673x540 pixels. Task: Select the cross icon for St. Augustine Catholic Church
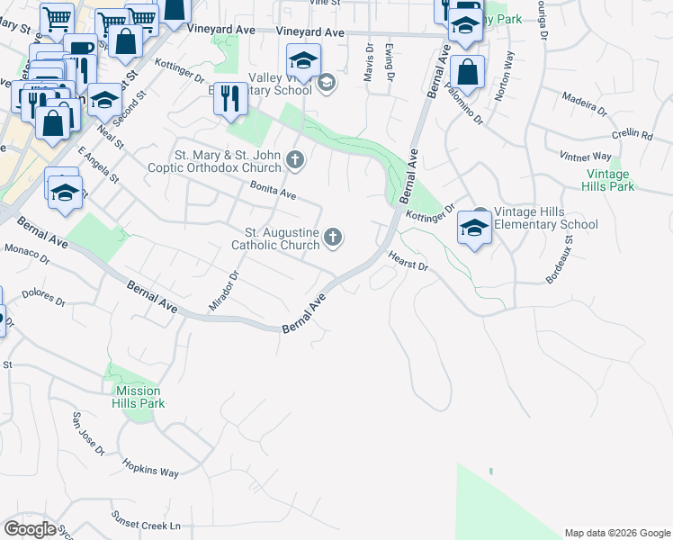(333, 238)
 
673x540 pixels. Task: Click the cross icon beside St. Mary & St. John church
(294, 162)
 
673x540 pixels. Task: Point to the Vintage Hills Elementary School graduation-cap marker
(473, 228)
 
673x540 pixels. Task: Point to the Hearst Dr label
(408, 262)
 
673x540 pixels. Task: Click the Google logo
(31, 528)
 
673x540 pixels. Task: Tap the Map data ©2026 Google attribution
(616, 533)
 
